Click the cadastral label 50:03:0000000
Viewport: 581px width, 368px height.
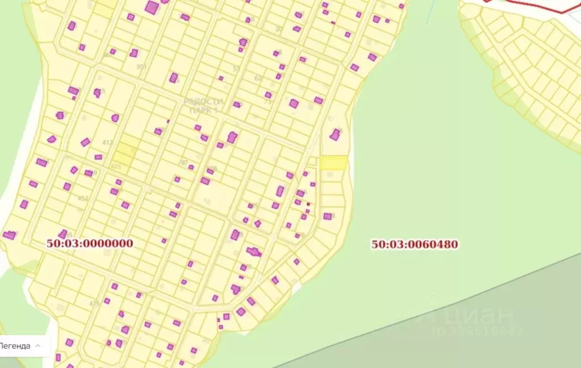click(90, 244)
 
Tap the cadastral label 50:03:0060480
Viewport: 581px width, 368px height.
click(415, 245)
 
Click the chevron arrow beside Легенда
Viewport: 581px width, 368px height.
click(38, 345)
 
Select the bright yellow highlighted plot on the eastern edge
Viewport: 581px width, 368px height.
click(333, 162)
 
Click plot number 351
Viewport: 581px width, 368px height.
click(141, 67)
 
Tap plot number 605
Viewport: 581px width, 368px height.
click(116, 166)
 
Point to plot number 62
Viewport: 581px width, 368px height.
click(258, 78)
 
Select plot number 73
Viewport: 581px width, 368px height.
click(267, 102)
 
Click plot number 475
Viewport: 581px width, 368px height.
click(94, 303)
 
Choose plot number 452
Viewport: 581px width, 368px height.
click(83, 198)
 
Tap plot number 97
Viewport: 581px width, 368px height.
click(183, 163)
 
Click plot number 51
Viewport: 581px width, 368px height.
click(236, 69)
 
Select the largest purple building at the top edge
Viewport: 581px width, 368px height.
click(152, 7)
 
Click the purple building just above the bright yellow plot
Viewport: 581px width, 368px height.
click(335, 135)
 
